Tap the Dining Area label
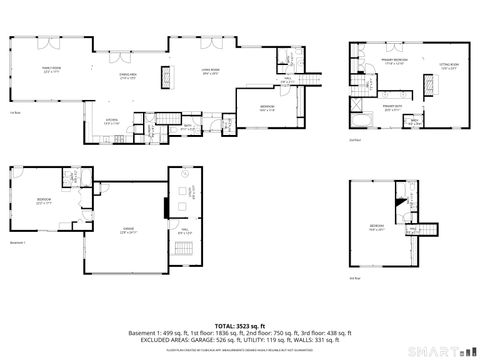[x=128, y=76]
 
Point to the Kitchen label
[x=114, y=121]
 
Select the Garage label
[x=128, y=233]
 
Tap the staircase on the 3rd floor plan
[x=428, y=228]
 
